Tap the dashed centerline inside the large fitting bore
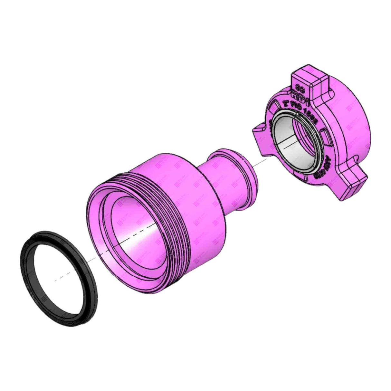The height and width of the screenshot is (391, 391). tap(135, 232)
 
